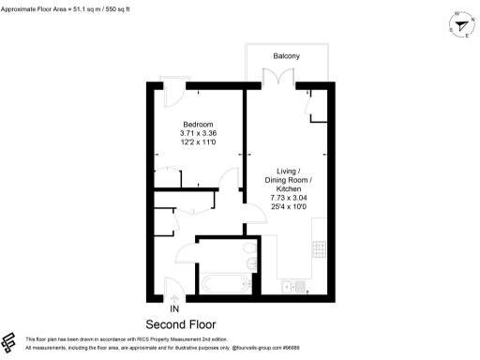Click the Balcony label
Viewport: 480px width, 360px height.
286,56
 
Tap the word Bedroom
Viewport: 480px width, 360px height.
198,125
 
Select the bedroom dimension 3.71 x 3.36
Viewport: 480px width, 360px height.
198,134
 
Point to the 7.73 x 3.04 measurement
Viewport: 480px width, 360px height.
288,198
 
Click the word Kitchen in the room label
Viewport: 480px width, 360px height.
288,188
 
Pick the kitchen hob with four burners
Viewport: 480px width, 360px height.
319,249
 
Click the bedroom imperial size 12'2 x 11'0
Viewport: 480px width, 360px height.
198,143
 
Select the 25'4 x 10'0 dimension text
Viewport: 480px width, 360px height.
288,207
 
